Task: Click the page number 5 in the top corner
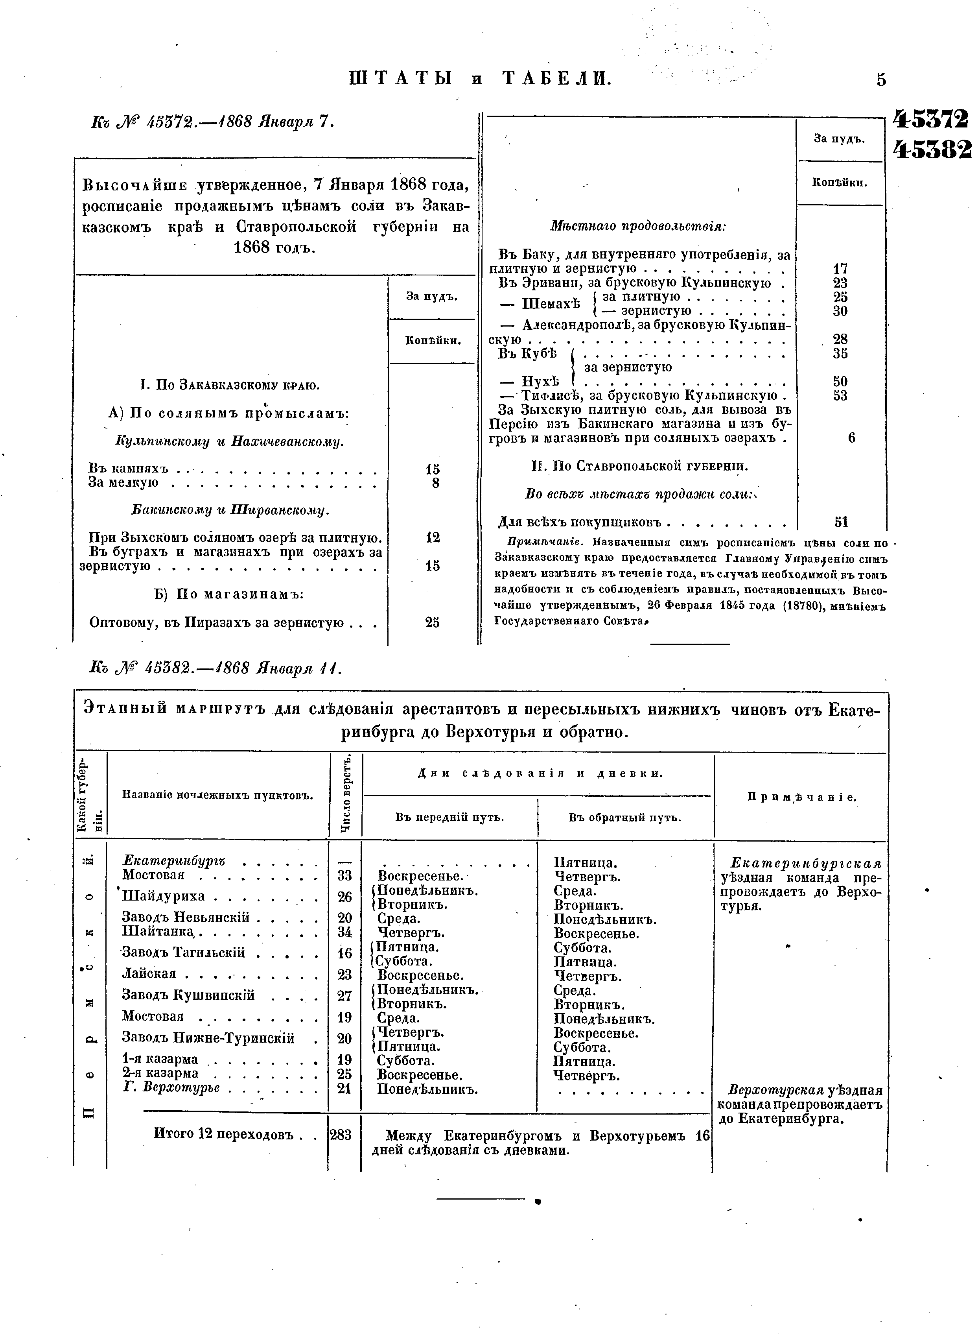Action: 881,79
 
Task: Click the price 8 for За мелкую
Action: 435,483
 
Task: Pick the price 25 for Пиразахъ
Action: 433,622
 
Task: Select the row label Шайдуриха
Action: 164,896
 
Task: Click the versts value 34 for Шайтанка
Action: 344,932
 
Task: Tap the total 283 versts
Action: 341,1135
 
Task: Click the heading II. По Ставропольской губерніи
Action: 640,467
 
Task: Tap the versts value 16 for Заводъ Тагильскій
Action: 344,953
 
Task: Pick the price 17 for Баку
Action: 840,268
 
